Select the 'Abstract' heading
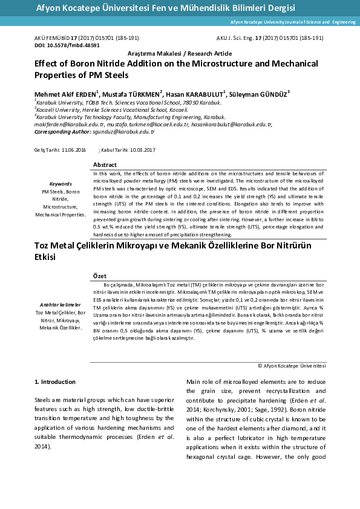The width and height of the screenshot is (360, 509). click(105, 165)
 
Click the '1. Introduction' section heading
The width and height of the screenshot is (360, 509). click(55, 381)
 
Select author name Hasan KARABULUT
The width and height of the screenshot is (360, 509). click(196, 94)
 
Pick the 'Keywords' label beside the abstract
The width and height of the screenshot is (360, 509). click(61, 183)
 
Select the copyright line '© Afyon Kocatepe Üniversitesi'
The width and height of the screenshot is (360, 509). click(292, 366)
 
